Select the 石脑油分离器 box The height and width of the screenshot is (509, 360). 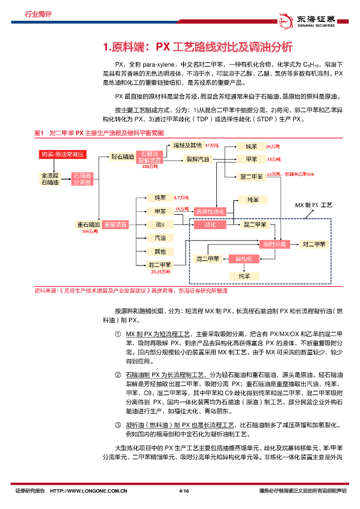click(x=82, y=179)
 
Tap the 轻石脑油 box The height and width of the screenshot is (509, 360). click(x=123, y=157)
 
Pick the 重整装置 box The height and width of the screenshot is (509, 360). click(x=115, y=225)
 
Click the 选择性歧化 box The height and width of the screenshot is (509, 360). click(x=210, y=212)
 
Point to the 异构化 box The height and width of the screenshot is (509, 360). click(x=244, y=259)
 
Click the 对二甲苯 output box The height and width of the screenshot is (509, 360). click(x=314, y=244)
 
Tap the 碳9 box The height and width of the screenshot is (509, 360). click(x=160, y=225)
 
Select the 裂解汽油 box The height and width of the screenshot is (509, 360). click(x=198, y=159)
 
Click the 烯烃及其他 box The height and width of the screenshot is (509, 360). click(x=187, y=145)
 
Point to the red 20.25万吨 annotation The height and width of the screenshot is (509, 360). click(x=161, y=272)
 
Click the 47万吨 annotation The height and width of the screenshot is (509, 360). click(x=212, y=146)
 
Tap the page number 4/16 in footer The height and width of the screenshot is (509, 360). click(x=183, y=491)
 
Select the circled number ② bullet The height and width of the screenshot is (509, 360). click(x=118, y=374)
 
